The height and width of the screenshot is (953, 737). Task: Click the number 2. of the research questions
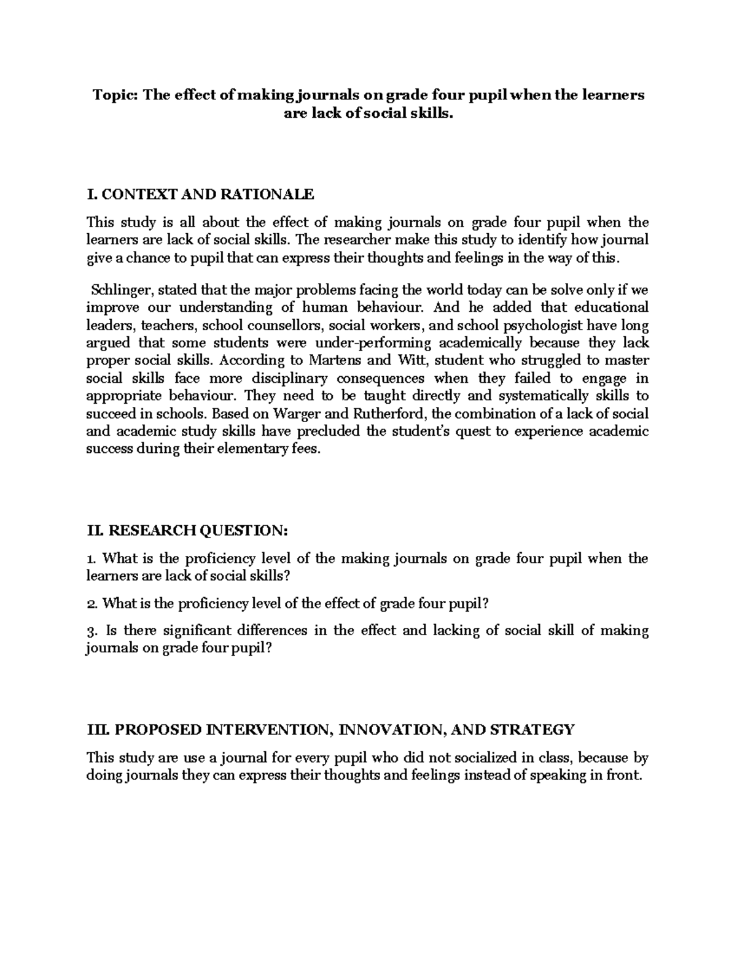tap(92, 604)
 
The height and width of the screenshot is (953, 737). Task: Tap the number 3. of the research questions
tap(92, 631)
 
